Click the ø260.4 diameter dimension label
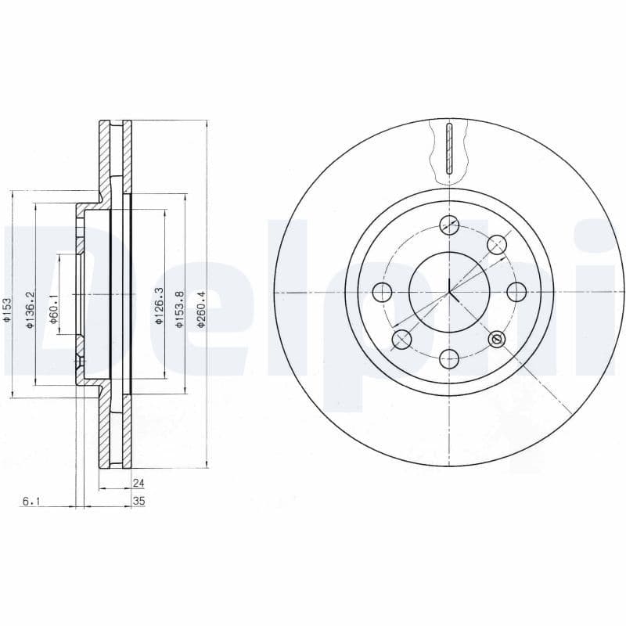coord(201,310)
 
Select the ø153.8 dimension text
coord(179,309)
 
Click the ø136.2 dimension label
coord(30,310)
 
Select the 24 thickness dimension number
coord(139,484)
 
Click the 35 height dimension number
coord(139,502)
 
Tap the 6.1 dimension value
coord(29,502)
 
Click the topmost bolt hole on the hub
coord(448,224)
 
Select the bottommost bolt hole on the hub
coord(448,359)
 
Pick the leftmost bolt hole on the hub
coord(381,292)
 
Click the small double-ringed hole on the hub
coord(496,339)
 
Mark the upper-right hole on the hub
coord(496,244)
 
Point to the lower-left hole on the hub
coord(401,340)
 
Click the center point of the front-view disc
coord(448,292)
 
